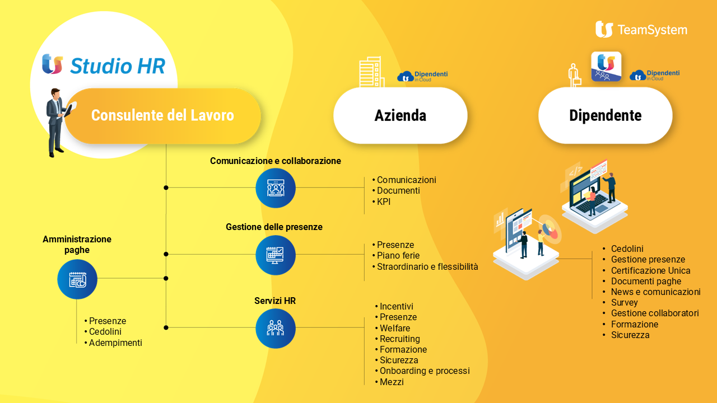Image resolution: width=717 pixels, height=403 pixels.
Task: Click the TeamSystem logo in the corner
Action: click(x=641, y=30)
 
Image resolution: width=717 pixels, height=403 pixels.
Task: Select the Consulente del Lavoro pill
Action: click(x=162, y=115)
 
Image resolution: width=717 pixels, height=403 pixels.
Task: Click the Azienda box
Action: click(x=401, y=115)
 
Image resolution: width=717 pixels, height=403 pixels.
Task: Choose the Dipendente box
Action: click(x=606, y=115)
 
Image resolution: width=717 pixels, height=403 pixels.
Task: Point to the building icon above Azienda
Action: click(x=371, y=72)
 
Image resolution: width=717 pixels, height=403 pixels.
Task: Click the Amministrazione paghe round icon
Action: click(x=77, y=279)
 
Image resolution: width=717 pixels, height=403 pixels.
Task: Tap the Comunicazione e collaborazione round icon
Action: click(x=275, y=188)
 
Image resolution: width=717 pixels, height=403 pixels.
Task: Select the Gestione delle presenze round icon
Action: click(x=275, y=255)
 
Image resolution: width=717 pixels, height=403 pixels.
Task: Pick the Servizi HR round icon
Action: click(x=275, y=328)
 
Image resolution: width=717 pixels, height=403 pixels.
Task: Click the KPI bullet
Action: click(x=381, y=202)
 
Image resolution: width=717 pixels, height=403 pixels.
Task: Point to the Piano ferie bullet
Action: click(x=396, y=256)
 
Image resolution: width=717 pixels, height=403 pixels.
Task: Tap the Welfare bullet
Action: click(x=393, y=328)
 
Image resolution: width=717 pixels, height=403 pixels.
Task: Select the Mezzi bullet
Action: click(x=389, y=382)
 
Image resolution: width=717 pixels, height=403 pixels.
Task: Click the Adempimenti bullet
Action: click(x=113, y=343)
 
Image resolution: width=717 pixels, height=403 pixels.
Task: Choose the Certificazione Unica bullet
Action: click(x=646, y=270)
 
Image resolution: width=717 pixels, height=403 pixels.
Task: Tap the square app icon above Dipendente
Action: click(x=606, y=67)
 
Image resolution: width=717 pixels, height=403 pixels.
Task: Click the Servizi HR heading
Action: click(x=275, y=301)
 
